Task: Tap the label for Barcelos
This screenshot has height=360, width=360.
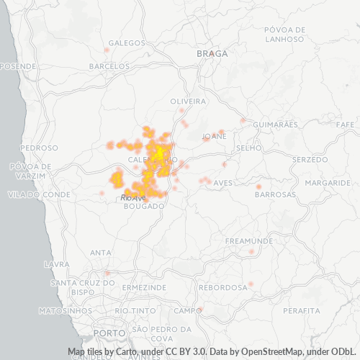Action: (108, 66)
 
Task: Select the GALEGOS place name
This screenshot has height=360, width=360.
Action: (127, 43)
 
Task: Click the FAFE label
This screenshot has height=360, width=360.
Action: (346, 125)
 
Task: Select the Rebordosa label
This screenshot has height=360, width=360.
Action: (224, 287)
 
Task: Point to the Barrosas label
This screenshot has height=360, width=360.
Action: (275, 194)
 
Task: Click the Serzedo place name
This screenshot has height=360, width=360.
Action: (310, 158)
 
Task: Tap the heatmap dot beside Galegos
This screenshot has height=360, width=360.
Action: (107, 50)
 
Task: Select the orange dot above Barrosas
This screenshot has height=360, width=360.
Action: (258, 187)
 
